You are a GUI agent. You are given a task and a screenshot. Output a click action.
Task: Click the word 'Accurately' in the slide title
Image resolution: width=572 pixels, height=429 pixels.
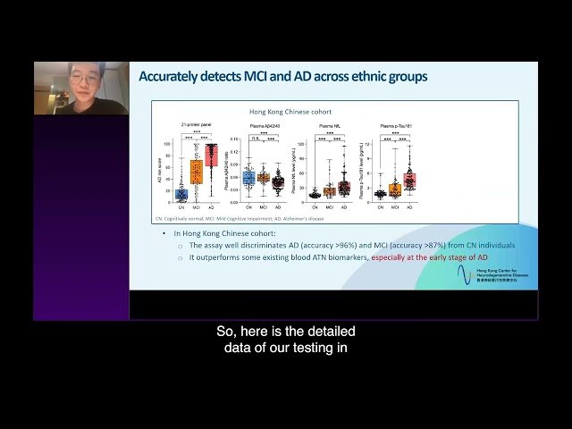point(166,77)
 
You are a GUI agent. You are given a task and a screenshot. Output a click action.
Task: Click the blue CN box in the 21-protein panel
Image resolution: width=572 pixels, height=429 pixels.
point(181,194)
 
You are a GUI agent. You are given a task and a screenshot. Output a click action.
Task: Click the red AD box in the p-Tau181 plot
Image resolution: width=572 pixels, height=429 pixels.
point(409,180)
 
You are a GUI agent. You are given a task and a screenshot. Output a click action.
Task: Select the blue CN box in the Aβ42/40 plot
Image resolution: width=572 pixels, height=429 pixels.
point(248,178)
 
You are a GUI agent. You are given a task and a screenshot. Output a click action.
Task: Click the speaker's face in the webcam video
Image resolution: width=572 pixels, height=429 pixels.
point(81,80)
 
